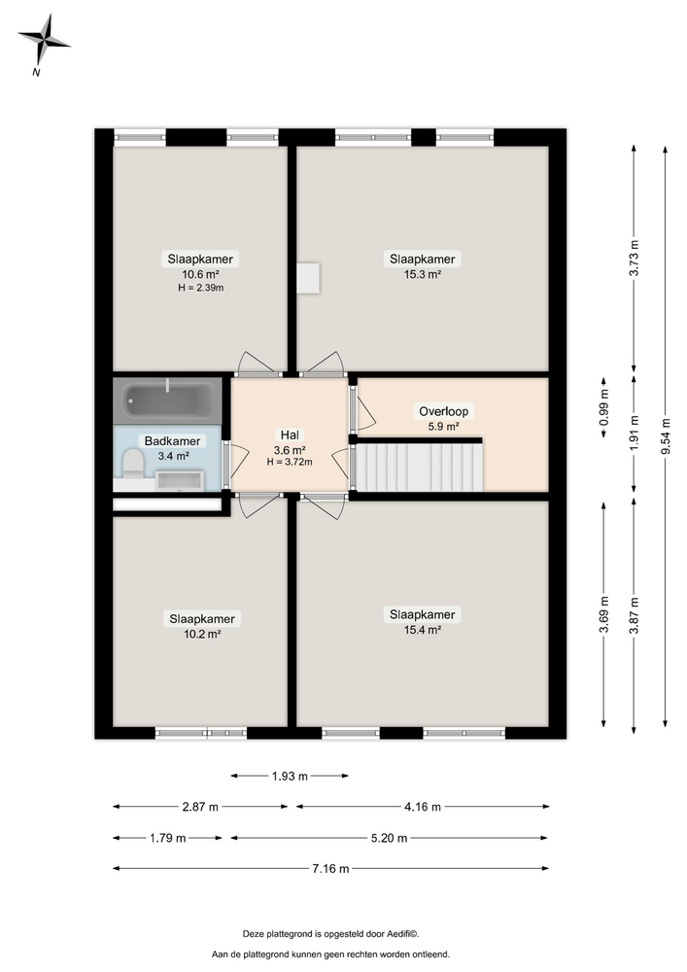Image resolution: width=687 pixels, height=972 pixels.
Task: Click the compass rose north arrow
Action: coord(44,40)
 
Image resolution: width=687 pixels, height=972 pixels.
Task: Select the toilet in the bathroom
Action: coord(132,465)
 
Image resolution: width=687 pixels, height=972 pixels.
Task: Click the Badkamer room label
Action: coord(172,441)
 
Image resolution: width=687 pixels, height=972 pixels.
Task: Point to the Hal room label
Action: coord(290,435)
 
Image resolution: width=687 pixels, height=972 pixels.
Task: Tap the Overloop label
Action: coord(443,411)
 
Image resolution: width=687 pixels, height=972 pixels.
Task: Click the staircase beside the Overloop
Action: coord(419,466)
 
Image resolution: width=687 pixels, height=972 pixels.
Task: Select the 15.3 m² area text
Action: coord(423,274)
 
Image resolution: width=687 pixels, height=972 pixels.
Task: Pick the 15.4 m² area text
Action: coord(423,630)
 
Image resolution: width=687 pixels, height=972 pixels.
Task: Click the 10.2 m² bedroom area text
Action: coord(202,634)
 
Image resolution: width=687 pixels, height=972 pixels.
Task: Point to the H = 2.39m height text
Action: coord(201,288)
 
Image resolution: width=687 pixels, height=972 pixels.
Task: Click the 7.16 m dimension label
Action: coord(330,868)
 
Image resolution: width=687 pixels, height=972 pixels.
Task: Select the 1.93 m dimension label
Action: coord(290,776)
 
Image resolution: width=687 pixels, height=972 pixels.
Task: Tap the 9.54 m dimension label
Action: coord(666,435)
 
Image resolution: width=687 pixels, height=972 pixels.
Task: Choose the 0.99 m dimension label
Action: coord(604,406)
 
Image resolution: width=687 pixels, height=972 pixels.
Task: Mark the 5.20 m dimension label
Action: coord(389,838)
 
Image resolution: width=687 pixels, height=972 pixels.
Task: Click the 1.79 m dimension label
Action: coord(168,838)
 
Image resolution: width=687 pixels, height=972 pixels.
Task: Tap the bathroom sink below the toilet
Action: coord(180,480)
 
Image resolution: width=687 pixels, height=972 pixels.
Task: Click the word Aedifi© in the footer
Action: coord(403,933)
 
